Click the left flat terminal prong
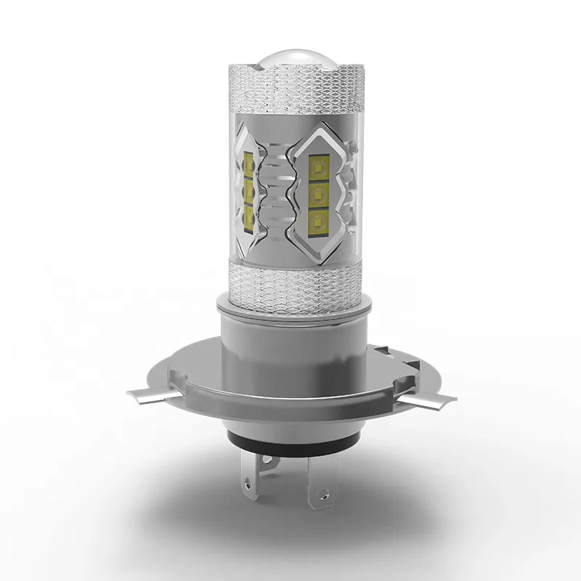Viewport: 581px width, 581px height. pos(249,476)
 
